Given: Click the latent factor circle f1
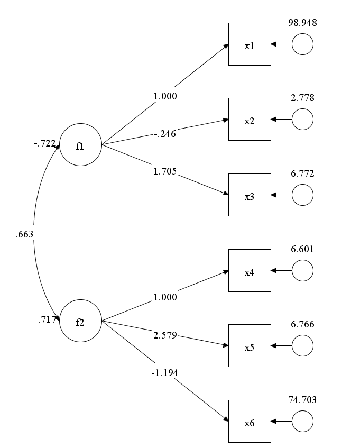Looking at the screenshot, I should pyautogui.click(x=80, y=145).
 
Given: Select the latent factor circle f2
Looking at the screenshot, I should pyautogui.click(x=80, y=321).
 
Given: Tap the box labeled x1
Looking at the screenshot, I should pyautogui.click(x=250, y=44).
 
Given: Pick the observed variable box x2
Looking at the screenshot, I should pyautogui.click(x=250, y=120).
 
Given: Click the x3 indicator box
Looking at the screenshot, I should pyautogui.click(x=250, y=195).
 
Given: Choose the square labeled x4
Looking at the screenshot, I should pyautogui.click(x=250, y=271).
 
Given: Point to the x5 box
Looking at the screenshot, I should pyautogui.click(x=250, y=346).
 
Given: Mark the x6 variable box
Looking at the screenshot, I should pyautogui.click(x=250, y=422).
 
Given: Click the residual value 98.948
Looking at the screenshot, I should pyautogui.click(x=302, y=23).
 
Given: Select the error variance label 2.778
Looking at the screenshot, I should pyautogui.click(x=302, y=98).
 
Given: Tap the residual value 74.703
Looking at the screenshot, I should pyautogui.click(x=302, y=400).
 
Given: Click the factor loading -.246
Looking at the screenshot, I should pyautogui.click(x=165, y=134).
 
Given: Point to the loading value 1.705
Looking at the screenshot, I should pyautogui.click(x=165, y=171).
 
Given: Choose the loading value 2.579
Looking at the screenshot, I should pyautogui.click(x=165, y=335).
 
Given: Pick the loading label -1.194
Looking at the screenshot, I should pyautogui.click(x=165, y=373).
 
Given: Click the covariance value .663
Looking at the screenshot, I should pyautogui.click(x=25, y=233).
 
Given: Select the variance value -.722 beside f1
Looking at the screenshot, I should pyautogui.click(x=44, y=143).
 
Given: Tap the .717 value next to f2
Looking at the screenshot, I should pyautogui.click(x=47, y=319).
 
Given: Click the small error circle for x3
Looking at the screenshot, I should pyautogui.click(x=302, y=195).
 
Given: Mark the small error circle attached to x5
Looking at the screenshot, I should pyautogui.click(x=302, y=346).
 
